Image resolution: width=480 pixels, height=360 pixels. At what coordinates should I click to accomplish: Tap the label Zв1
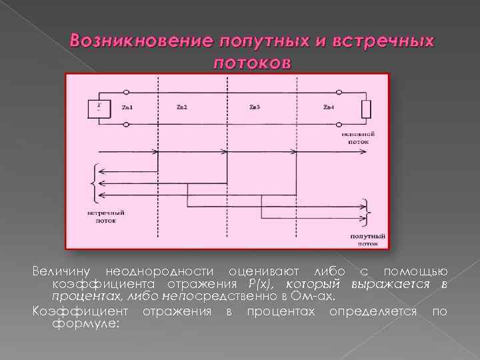pos(128,107)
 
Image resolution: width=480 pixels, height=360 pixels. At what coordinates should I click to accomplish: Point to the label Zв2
pos(182,107)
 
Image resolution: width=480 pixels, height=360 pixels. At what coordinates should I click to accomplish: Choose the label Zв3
pos(255,107)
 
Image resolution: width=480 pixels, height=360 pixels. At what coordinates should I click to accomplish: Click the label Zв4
pos(328,107)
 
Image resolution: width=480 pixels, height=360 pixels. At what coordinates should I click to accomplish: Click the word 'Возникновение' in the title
pos(138,41)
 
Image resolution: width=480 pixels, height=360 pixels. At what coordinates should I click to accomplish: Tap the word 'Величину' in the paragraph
pos(63,271)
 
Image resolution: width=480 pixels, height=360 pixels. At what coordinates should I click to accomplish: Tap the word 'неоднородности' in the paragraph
pos(159,271)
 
